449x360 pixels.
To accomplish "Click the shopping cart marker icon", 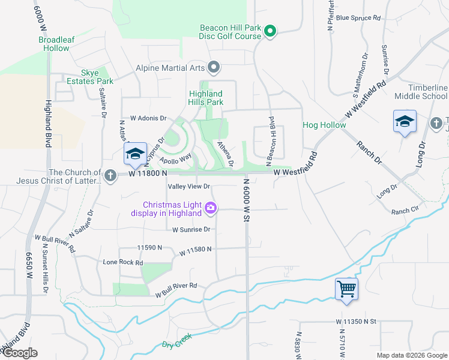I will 347,289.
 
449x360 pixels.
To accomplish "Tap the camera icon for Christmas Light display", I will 211,208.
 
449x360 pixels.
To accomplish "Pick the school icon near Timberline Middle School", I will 405,122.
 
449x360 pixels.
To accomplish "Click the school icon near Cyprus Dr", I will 134,154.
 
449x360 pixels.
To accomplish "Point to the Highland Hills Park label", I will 206,98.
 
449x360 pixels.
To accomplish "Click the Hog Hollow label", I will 324,125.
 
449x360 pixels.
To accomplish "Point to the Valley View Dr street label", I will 189,187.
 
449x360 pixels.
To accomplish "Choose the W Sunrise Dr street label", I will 191,229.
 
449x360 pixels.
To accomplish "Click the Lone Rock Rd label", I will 123,262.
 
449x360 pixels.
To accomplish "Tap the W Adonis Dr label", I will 143,119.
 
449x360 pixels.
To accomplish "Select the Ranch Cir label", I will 405,211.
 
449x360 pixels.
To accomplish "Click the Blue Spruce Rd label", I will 358,18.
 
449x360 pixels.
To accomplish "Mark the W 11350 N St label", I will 355,322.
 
